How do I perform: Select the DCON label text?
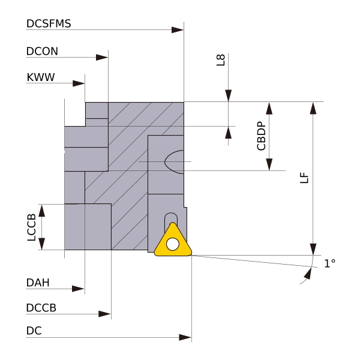(x=42, y=52)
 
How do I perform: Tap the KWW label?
(x=39, y=78)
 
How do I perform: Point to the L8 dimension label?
(x=221, y=60)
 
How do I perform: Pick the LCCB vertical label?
(x=32, y=227)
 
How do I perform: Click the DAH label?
(x=38, y=282)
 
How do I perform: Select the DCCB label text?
(x=41, y=308)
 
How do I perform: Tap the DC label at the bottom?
(x=34, y=331)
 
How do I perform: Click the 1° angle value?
(x=329, y=263)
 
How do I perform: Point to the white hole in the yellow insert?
(x=173, y=244)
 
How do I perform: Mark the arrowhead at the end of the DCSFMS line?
(x=178, y=29)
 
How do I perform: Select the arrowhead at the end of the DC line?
(x=185, y=337)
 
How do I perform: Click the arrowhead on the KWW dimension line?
(x=79, y=84)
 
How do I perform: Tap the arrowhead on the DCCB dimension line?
(x=105, y=314)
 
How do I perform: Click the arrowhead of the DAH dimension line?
(x=79, y=289)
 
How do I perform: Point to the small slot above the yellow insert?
(x=171, y=219)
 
